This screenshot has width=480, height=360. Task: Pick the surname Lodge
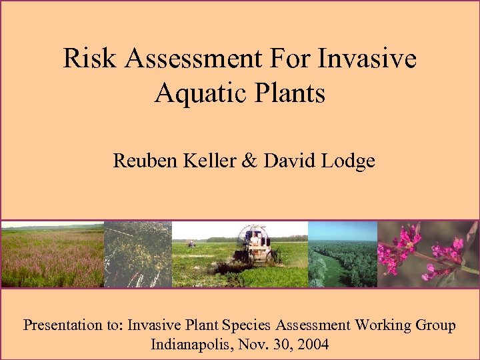349,161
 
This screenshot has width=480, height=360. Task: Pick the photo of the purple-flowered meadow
52,253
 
